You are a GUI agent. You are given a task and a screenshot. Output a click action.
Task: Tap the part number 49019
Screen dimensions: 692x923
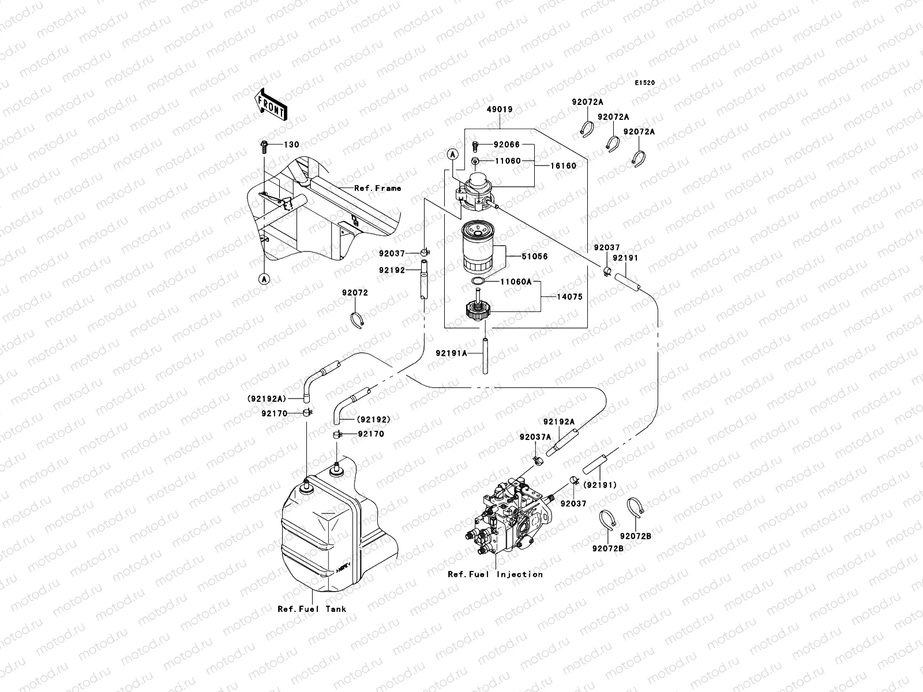pos(499,110)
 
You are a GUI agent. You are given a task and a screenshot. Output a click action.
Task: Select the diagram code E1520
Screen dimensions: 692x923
pos(645,83)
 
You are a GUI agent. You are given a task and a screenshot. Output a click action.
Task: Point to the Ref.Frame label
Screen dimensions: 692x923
pos(377,188)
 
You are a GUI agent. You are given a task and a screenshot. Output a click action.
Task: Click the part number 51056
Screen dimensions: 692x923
pos(535,256)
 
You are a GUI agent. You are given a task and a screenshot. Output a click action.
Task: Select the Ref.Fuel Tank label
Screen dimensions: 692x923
pos(312,608)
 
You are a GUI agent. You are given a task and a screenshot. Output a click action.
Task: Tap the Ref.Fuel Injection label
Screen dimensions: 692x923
pos(495,574)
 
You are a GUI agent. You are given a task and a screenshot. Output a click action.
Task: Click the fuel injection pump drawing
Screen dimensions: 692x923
pos(508,516)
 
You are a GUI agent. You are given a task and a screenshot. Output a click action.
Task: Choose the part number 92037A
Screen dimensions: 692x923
pos(535,437)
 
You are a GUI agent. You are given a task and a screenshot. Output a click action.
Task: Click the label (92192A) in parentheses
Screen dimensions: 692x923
pos(267,398)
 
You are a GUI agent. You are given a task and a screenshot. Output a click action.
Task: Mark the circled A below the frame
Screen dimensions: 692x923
pos(264,279)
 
